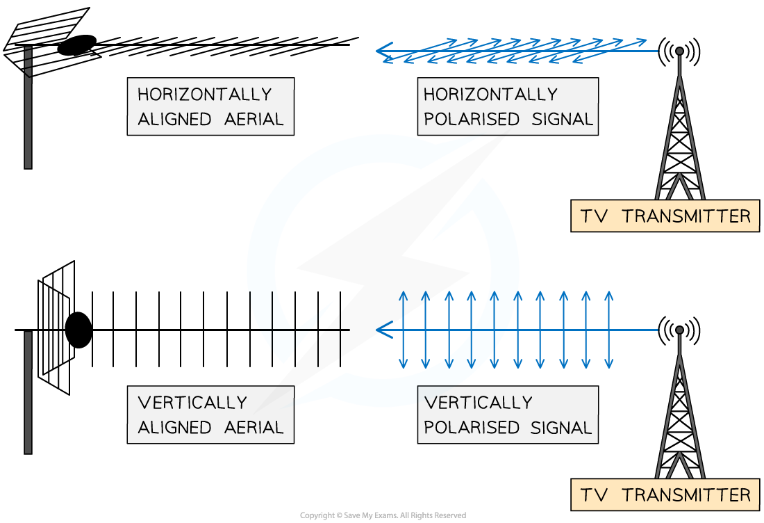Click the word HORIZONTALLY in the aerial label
tap(204, 94)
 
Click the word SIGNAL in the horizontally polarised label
tap(563, 119)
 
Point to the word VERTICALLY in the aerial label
tap(192, 403)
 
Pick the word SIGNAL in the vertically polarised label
tap(563, 428)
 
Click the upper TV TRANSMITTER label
tap(665, 216)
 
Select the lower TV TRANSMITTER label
tap(665, 495)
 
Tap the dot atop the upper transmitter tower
tap(679, 51)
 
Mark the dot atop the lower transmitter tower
tap(679, 330)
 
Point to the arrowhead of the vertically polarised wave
tap(381, 330)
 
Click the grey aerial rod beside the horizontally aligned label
tap(28, 111)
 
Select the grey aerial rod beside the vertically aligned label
tap(28, 393)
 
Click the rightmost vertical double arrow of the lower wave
tap(608, 330)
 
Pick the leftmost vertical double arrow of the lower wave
tap(402, 330)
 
